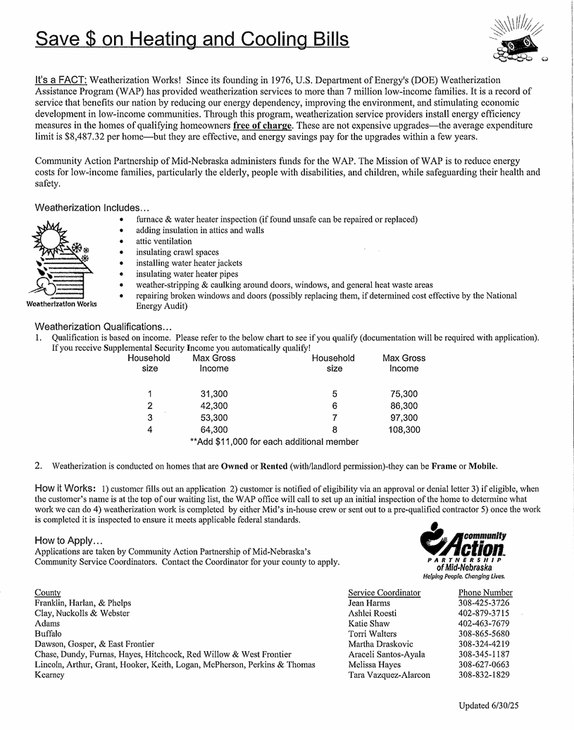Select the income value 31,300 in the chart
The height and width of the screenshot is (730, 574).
pos(214,394)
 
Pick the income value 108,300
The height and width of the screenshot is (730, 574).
pos(404,429)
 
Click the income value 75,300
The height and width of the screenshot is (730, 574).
pos(404,394)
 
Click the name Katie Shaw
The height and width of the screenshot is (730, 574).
pos(368,624)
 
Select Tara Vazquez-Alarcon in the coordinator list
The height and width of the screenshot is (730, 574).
pos(389,675)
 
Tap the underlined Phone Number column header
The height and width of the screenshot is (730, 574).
pos(485,593)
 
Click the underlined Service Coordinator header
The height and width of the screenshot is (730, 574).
pos(384,593)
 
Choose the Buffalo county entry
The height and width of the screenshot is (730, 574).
pos(49,634)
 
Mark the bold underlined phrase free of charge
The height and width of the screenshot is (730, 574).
pos(262,125)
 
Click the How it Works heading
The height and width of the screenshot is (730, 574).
pos(65,488)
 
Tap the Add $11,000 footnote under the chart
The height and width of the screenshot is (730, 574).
pos(275,441)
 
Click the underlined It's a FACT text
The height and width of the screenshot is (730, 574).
pos(61,80)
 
